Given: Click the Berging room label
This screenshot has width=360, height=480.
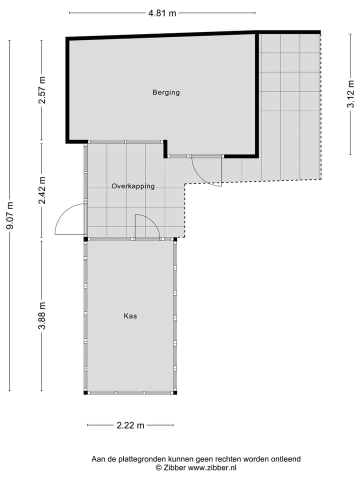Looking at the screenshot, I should pos(166,92).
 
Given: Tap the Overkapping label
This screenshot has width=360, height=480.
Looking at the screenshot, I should pos(133,186).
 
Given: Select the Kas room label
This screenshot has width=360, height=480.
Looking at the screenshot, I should pos(130,316).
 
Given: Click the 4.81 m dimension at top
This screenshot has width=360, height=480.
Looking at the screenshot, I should pos(162,13).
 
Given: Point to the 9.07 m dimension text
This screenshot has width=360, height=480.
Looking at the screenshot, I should pos(9,215).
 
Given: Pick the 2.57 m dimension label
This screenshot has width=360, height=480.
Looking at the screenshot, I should pos(42,90).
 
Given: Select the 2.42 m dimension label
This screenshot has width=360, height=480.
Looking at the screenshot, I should pos(42,190).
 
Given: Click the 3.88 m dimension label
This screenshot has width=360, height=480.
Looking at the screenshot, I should pos(42,316).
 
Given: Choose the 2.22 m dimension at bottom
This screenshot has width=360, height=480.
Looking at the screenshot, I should pos(130,425).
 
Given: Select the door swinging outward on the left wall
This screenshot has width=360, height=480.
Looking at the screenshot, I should pos(69,220).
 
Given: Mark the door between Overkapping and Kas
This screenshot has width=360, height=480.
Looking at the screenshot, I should pos(147,226).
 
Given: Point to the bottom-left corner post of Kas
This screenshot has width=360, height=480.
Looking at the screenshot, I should pos(85,392).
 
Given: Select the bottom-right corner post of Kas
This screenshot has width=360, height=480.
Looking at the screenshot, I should pos(175,392).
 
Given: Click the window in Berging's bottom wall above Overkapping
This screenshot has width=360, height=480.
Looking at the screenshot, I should pos(125,141).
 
